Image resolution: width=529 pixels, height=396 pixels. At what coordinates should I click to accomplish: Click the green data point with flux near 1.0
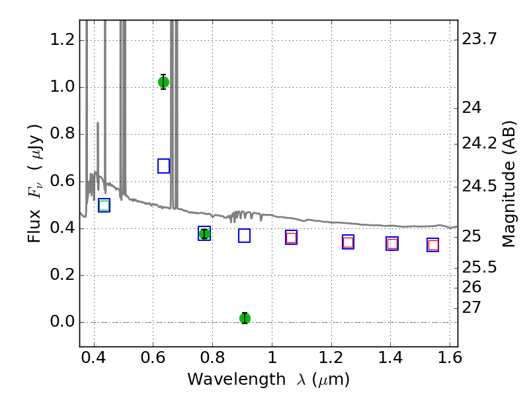point(163,82)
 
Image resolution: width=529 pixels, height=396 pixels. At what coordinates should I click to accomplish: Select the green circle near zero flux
point(245,318)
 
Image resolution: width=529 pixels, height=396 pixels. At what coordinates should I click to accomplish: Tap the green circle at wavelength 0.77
point(204,234)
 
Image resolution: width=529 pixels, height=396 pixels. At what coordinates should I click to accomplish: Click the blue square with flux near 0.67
point(163,166)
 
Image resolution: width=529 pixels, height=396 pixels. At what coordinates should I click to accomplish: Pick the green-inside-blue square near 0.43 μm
point(104,205)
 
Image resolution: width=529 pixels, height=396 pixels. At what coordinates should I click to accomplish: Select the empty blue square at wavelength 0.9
point(244,236)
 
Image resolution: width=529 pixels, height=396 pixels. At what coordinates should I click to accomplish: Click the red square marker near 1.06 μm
point(291,238)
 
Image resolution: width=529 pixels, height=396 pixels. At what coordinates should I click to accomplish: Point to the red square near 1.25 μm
point(348,242)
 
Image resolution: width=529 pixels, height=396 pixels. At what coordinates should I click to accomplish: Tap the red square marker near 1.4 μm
point(392,244)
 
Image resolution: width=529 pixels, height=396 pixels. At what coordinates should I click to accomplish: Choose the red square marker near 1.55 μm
point(433,245)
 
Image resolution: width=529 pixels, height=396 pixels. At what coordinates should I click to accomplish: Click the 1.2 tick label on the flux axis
point(62,40)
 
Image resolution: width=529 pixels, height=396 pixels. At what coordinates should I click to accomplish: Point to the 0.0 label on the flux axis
point(62,321)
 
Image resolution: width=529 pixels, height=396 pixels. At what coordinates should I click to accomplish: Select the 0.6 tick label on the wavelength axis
point(153,358)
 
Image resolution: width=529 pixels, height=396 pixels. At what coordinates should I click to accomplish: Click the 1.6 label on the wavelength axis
point(450,358)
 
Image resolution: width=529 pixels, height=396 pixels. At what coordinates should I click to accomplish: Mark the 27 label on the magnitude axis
point(471,308)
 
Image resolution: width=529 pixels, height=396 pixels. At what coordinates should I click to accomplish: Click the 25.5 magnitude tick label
point(479,267)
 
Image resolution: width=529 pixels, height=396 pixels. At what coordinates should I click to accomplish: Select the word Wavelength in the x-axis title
point(237,379)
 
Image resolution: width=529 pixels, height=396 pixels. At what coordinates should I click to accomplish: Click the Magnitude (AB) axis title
point(509,184)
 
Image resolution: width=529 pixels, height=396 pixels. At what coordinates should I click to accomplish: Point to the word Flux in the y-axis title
point(34,226)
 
